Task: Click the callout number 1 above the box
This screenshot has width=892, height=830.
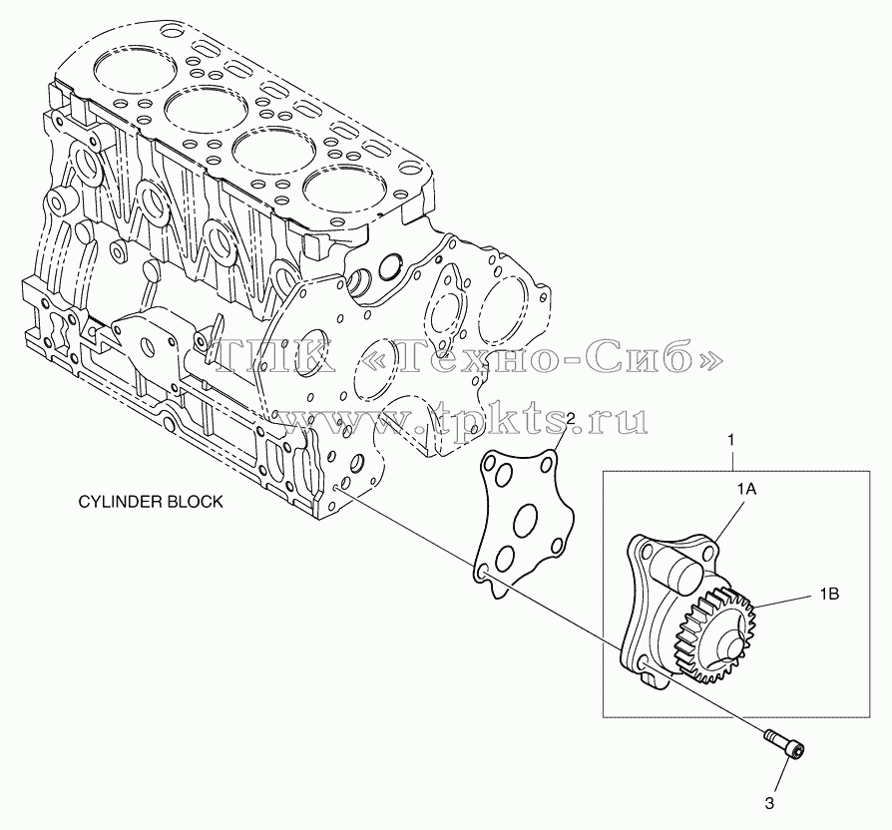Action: pos(731,440)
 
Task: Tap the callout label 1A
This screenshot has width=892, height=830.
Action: pos(746,489)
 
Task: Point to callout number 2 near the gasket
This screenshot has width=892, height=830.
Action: pos(571,420)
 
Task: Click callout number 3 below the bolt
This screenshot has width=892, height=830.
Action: pos(769,804)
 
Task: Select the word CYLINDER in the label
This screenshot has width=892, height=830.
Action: pos(114,501)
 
